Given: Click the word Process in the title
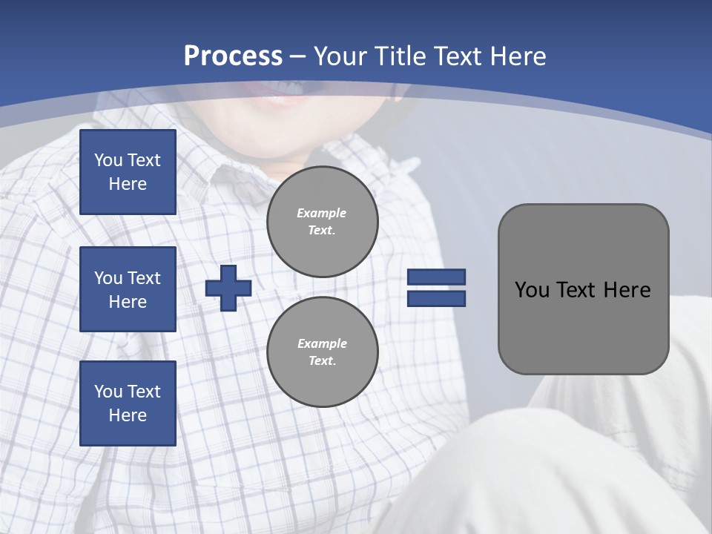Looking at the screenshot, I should (x=233, y=56).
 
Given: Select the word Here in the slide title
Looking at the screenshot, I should (x=515, y=56).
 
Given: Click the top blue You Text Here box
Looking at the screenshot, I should (x=128, y=172).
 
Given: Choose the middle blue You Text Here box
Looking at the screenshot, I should (x=128, y=289).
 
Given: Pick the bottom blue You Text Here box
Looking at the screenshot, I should (x=128, y=403).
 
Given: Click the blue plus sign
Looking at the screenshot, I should (x=228, y=288).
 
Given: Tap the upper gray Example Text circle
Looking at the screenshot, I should (x=322, y=222).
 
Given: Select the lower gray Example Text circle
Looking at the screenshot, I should (x=322, y=352).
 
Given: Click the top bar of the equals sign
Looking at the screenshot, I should (x=436, y=277).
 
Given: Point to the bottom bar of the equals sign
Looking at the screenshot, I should (x=436, y=299).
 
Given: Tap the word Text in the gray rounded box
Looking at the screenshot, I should (x=577, y=290).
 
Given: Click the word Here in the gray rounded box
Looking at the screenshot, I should (x=627, y=290).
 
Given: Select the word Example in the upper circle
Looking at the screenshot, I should (x=322, y=213).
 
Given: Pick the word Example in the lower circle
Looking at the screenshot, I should (x=322, y=343).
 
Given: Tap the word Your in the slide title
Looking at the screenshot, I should (x=338, y=56).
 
